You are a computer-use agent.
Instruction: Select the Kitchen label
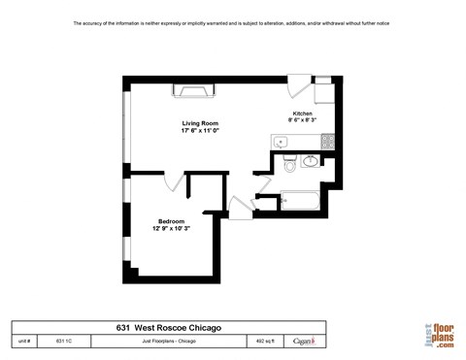click(x=303, y=115)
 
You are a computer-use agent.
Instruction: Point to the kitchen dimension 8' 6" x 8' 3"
click(x=303, y=122)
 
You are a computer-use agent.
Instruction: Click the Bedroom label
click(x=171, y=220)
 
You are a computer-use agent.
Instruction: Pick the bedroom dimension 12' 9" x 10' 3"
click(x=171, y=228)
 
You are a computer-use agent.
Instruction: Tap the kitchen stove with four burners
click(x=327, y=142)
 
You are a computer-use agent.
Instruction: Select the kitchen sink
click(x=282, y=142)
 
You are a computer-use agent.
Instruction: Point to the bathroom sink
click(x=310, y=160)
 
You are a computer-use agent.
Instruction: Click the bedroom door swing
click(x=175, y=183)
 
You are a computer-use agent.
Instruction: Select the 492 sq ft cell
click(x=265, y=342)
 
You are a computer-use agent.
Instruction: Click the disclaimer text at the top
click(x=232, y=22)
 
